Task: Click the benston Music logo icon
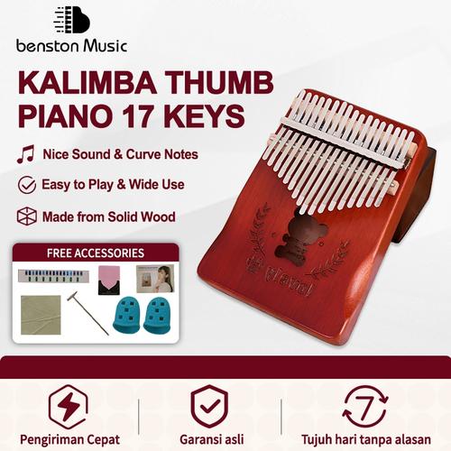click(x=72, y=20)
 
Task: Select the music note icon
click(x=25, y=154)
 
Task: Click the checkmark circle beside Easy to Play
click(x=26, y=185)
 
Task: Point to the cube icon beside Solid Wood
click(x=26, y=216)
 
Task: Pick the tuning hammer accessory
click(x=86, y=312)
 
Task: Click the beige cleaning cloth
click(x=41, y=314)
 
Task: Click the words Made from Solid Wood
click(x=108, y=216)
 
